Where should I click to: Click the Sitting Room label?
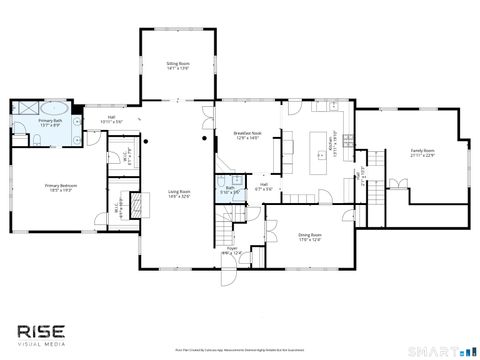tap(177, 63)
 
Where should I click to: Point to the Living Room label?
tap(179, 193)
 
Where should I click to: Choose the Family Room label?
tap(422, 151)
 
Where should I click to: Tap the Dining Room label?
tap(309, 234)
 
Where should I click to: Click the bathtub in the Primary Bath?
tap(55, 109)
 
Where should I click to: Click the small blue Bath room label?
tap(229, 187)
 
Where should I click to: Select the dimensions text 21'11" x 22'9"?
tap(422, 156)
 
